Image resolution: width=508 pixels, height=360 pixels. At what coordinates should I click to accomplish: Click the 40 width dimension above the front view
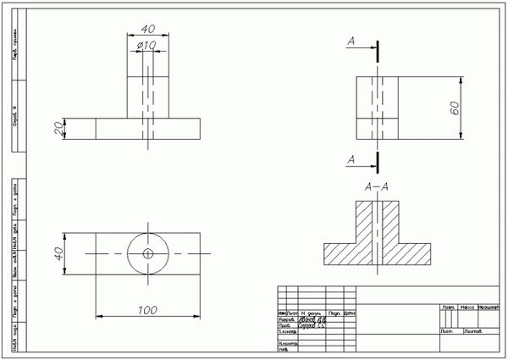[148, 27]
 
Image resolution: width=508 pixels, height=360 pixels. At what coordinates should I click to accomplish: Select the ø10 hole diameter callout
[147, 45]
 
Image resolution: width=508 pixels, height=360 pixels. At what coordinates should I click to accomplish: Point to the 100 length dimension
[147, 310]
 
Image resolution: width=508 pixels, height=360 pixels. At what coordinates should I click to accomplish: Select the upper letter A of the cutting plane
[351, 40]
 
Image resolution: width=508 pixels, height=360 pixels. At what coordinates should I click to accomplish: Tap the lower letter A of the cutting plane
[351, 159]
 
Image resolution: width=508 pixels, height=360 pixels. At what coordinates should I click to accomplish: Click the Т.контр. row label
[287, 332]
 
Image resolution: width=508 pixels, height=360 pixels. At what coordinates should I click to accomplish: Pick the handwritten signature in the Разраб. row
[312, 318]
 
